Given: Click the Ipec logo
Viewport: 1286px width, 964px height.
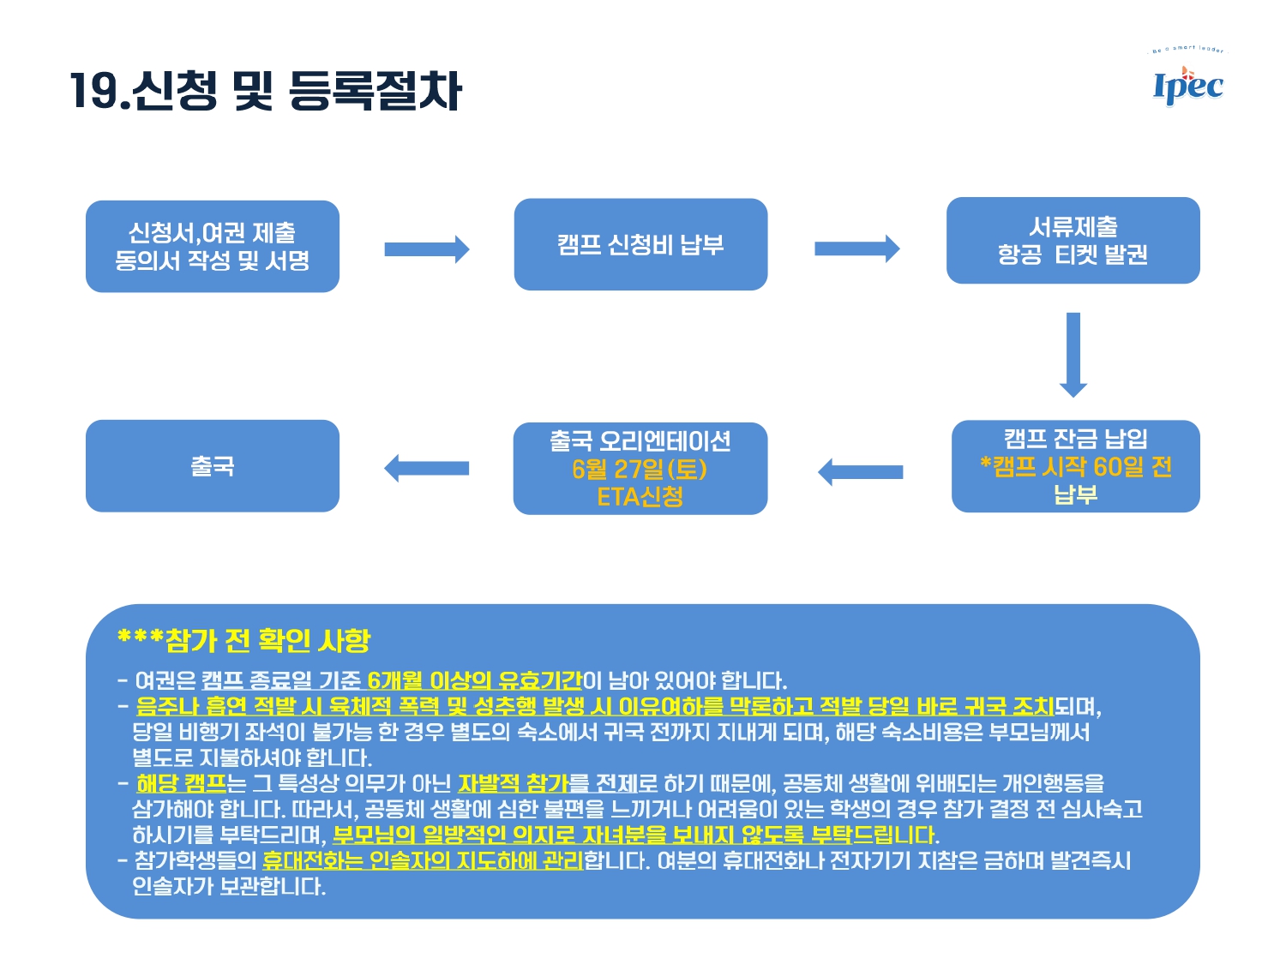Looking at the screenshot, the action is (x=1187, y=78).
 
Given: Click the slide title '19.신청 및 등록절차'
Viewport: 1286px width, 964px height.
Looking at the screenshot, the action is (x=267, y=91).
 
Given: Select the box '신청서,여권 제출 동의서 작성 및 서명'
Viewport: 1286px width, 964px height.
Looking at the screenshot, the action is (x=212, y=247).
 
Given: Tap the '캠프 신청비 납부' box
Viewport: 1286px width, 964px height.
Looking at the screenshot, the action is (x=640, y=244).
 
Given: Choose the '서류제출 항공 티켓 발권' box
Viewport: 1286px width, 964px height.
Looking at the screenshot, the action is (x=1073, y=241).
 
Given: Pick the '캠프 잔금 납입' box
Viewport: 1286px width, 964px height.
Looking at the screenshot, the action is (x=1076, y=466).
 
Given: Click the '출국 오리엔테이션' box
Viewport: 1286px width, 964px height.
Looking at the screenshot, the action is (x=640, y=468).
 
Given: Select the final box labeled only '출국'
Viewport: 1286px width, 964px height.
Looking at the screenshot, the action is (x=212, y=466).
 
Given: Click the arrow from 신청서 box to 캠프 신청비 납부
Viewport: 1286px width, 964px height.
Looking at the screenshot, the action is (x=426, y=249).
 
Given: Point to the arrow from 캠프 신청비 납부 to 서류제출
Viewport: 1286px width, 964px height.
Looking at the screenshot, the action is (x=857, y=248).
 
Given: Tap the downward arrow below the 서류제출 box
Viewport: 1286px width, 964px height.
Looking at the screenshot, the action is (x=1073, y=355).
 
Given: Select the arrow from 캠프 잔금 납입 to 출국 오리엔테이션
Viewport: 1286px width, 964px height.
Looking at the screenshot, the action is (x=860, y=472).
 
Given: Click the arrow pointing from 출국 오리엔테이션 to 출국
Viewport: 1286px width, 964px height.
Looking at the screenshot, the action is (x=426, y=468).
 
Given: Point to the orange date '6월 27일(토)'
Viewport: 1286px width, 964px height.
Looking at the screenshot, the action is (x=640, y=469).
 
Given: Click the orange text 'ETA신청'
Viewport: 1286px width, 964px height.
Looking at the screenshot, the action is (x=640, y=497).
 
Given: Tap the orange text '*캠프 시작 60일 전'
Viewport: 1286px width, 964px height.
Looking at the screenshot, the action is (x=1076, y=466).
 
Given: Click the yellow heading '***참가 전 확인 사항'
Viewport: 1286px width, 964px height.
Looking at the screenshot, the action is (x=243, y=640).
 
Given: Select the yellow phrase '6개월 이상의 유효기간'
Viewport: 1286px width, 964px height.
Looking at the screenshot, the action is (x=475, y=680).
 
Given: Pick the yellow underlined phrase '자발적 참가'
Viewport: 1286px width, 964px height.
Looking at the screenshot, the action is (x=514, y=783).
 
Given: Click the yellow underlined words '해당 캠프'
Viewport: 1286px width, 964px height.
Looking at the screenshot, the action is (x=181, y=783).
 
